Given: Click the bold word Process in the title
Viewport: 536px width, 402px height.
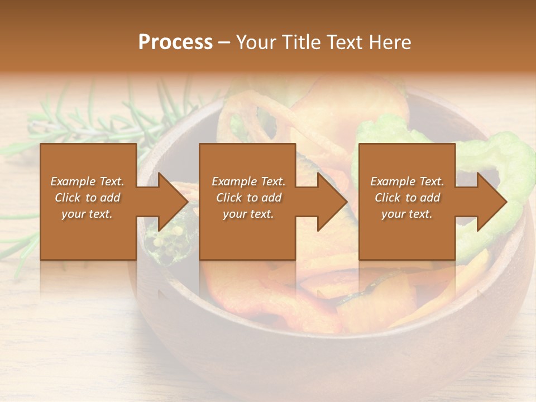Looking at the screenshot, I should point(175,42).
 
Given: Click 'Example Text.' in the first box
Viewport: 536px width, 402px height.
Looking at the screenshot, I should point(87,181).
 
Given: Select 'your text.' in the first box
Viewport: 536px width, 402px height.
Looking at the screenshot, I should point(87,214).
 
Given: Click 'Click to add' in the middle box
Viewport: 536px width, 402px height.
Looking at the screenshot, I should point(248,198).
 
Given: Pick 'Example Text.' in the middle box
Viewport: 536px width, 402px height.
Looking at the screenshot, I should point(248,181).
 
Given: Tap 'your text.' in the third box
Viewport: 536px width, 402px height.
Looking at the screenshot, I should point(407,214).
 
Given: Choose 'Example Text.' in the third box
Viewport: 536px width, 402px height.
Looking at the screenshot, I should point(407,181).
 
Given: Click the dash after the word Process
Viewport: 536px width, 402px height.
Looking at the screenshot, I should point(224,42).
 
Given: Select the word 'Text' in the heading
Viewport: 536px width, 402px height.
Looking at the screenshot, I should point(342,42).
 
